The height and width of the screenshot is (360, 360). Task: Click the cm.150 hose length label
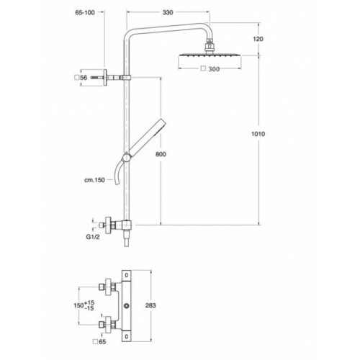tap(94, 180)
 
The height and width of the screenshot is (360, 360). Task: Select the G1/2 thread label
tap(92, 234)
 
